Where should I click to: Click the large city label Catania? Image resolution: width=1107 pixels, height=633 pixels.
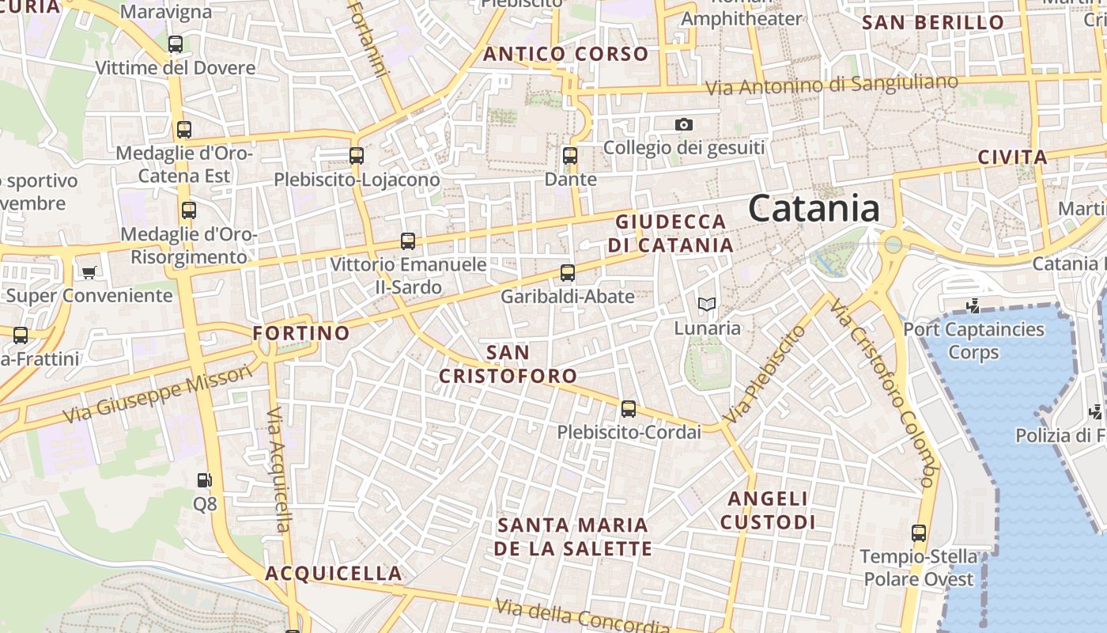pyautogui.click(x=814, y=209)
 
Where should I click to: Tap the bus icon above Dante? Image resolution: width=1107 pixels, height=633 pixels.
pyautogui.click(x=570, y=155)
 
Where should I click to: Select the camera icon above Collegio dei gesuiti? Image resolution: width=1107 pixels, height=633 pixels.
pyautogui.click(x=684, y=124)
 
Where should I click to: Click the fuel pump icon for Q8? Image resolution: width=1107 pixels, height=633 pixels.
pyautogui.click(x=204, y=479)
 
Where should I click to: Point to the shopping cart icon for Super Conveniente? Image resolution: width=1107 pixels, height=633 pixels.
pyautogui.click(x=89, y=272)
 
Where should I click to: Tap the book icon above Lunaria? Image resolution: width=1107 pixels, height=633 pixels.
pyautogui.click(x=707, y=304)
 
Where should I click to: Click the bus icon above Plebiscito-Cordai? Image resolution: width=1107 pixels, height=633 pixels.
pyautogui.click(x=629, y=408)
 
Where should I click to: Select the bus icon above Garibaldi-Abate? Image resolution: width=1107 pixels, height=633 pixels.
pyautogui.click(x=567, y=273)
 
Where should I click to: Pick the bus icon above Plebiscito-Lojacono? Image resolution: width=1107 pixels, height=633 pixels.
pyautogui.click(x=357, y=155)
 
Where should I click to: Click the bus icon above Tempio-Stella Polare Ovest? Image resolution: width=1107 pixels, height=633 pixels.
pyautogui.click(x=918, y=533)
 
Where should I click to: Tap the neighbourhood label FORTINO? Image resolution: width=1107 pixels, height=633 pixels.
pyautogui.click(x=301, y=333)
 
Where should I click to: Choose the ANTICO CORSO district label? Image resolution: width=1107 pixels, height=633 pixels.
pyautogui.click(x=565, y=54)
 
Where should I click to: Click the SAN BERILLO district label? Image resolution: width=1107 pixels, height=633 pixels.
pyautogui.click(x=933, y=22)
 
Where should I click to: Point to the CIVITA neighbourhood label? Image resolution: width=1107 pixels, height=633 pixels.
pyautogui.click(x=1013, y=157)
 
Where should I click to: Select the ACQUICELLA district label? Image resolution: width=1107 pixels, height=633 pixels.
pyautogui.click(x=334, y=573)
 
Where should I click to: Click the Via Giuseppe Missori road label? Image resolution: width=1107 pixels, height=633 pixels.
pyautogui.click(x=158, y=393)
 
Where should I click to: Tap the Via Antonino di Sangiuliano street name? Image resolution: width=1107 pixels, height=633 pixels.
pyautogui.click(x=831, y=85)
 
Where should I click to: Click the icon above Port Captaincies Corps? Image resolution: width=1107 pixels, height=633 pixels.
pyautogui.click(x=973, y=305)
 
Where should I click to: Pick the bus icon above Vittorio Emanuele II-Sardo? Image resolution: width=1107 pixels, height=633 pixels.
pyautogui.click(x=408, y=241)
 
